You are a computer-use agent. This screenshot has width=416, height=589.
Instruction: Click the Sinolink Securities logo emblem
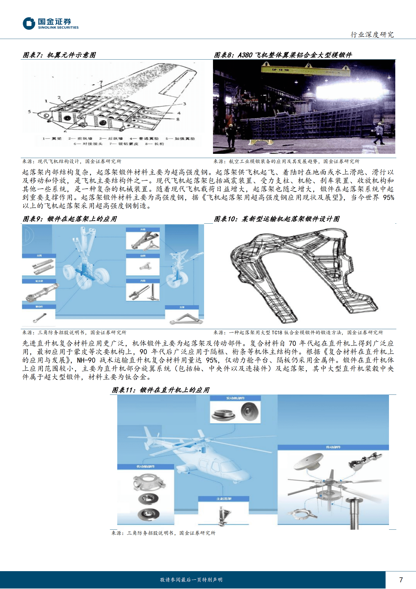click(29, 23)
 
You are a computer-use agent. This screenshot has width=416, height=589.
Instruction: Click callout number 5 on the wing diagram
click(29, 112)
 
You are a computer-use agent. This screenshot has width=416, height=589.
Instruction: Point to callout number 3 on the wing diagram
click(185, 104)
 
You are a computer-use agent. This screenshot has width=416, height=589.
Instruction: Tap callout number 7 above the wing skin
click(101, 82)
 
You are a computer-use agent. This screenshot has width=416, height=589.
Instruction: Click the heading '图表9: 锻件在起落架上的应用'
click(70, 219)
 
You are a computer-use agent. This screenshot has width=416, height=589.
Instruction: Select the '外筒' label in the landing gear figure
click(143, 230)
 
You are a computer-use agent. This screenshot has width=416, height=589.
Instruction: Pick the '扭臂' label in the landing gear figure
click(143, 256)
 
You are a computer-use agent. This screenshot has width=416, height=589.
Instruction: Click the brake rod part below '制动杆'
click(40, 318)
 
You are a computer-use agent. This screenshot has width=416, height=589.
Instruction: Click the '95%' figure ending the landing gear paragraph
click(388, 198)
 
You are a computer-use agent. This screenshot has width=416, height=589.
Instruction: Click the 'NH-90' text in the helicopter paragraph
click(86, 360)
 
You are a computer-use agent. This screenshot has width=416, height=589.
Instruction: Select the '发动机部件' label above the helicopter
click(235, 398)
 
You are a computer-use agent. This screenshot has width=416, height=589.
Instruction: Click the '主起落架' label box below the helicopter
click(224, 499)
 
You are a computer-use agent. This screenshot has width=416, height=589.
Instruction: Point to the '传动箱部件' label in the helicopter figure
click(146, 466)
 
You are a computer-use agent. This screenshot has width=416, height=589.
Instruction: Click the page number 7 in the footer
click(401, 580)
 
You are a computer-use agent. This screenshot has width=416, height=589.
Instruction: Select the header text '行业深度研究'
click(372, 35)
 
